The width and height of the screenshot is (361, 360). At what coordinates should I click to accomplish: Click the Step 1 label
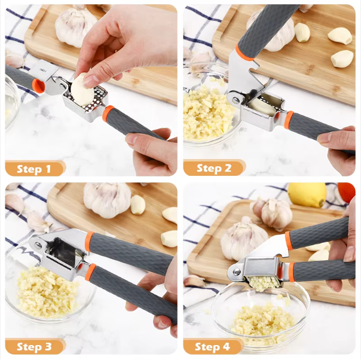(x=34, y=169)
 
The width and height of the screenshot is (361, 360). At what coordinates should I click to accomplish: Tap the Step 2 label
(x=214, y=168)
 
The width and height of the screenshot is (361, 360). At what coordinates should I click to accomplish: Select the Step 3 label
(x=34, y=347)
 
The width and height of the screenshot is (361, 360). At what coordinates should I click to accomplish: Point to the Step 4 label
(x=212, y=347)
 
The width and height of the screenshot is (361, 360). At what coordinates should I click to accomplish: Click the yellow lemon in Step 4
(x=307, y=194)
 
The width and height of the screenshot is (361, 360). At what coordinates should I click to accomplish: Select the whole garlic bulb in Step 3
(x=107, y=199)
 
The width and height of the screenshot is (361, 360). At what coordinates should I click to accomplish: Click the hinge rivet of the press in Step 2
(x=235, y=100)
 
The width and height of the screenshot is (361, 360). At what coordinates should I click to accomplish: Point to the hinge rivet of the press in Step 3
(x=38, y=246)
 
